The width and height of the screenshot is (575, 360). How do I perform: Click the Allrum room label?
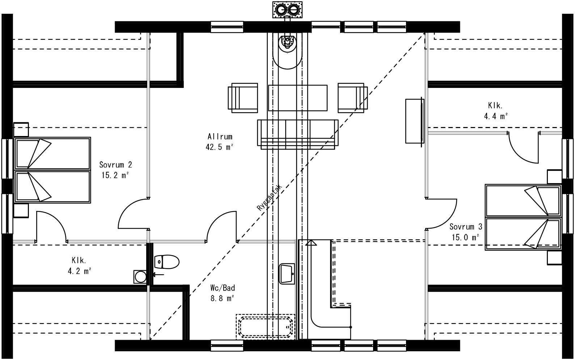220,137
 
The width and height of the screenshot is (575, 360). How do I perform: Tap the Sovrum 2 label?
115,165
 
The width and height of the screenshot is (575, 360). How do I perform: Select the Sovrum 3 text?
466,227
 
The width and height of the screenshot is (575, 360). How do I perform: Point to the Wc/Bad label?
223,288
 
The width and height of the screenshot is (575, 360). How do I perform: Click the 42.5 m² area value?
220,147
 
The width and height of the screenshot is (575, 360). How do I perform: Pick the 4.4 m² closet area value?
495,116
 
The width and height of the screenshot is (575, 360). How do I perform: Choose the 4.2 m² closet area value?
79,271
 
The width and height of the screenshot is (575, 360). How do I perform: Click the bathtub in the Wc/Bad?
265,327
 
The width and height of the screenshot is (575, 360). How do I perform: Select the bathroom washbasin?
287,274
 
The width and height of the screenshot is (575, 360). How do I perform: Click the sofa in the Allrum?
297,134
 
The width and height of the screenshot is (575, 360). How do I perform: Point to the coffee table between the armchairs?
297,98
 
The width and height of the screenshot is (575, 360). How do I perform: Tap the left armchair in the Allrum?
243,98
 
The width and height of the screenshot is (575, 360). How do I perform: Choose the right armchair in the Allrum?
352,98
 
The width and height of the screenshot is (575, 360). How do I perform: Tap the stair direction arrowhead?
310,242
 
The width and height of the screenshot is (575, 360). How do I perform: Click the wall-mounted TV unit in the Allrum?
414,121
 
